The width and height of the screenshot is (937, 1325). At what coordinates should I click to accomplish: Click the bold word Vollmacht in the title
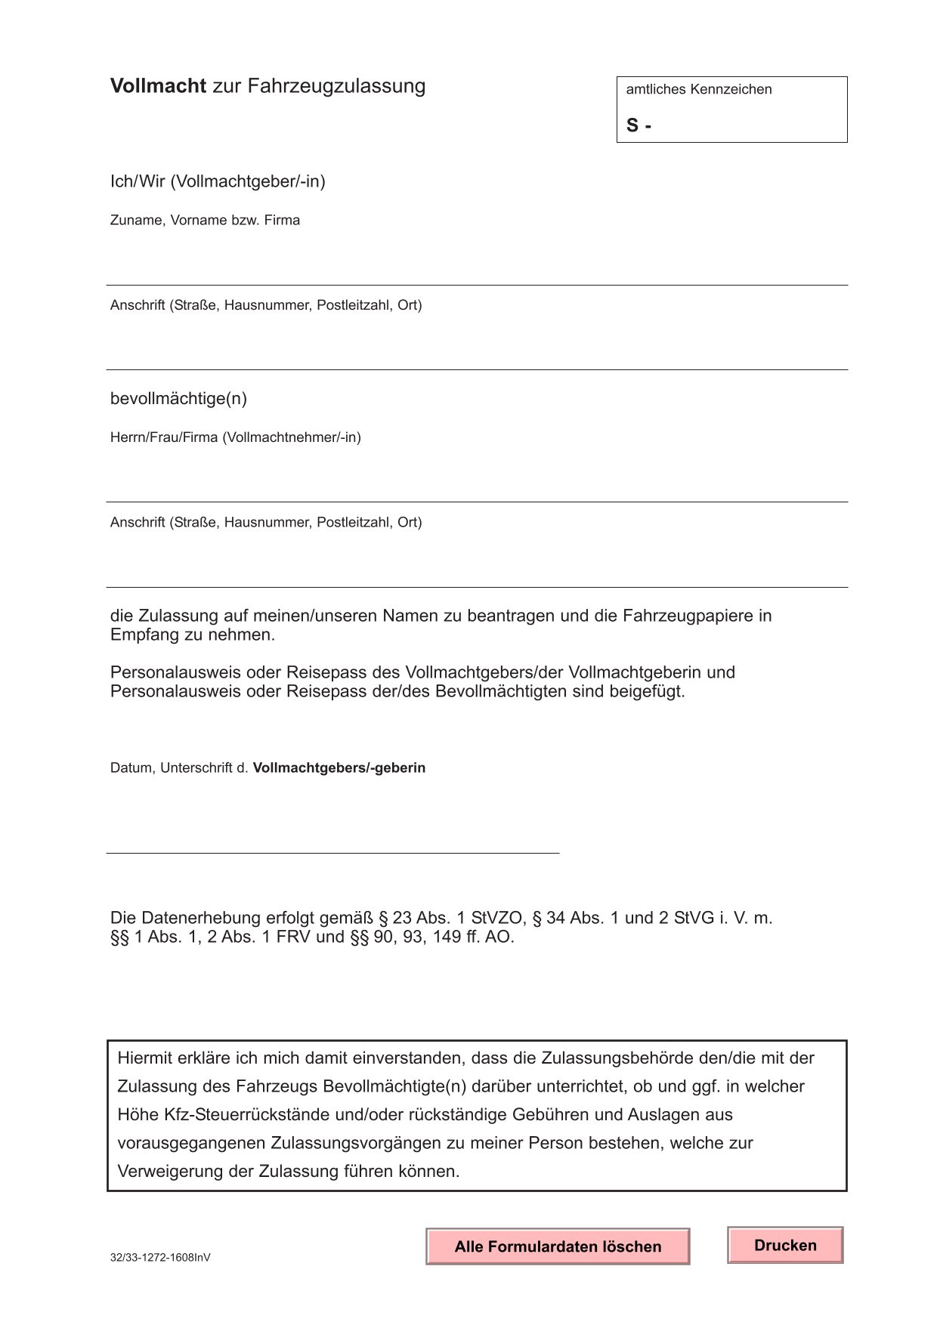[x=158, y=86]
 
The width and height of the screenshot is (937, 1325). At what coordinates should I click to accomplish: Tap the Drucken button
[x=785, y=1245]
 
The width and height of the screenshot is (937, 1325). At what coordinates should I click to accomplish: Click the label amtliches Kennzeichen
[x=698, y=89]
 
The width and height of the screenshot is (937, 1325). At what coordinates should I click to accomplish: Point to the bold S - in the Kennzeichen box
[x=639, y=125]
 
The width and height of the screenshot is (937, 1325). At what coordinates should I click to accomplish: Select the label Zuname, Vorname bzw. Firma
[x=205, y=221]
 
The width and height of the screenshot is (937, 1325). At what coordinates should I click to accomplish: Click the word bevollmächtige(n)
[x=178, y=398]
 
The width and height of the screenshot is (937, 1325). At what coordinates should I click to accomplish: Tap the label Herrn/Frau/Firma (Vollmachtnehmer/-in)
[x=235, y=437]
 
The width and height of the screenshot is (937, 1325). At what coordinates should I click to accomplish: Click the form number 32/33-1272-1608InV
[x=160, y=1258]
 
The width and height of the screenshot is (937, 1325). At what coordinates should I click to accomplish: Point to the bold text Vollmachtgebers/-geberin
[x=339, y=768]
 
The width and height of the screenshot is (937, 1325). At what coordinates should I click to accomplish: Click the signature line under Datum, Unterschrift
[x=332, y=853]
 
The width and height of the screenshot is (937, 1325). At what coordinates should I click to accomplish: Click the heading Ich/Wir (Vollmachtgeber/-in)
[x=218, y=181]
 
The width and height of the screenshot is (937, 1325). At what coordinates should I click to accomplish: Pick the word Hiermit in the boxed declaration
[x=145, y=1058]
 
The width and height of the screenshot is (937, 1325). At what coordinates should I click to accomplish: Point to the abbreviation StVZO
[x=497, y=918]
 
